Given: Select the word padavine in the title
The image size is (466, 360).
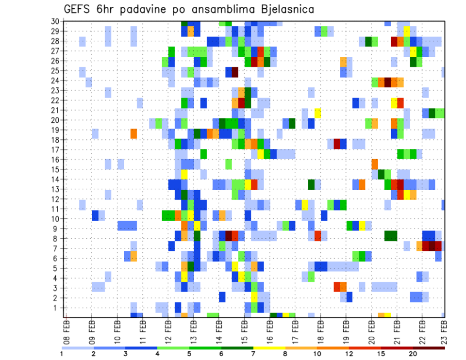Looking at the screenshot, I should (x=142, y=10).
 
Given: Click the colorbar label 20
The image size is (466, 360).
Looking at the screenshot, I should (x=413, y=354).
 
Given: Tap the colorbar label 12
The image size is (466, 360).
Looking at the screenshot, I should (x=349, y=354).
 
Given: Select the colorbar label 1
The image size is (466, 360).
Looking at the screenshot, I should (x=62, y=354).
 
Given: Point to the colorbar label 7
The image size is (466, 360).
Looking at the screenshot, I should (x=253, y=354).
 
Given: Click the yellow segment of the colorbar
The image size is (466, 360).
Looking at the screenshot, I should (x=269, y=348).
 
